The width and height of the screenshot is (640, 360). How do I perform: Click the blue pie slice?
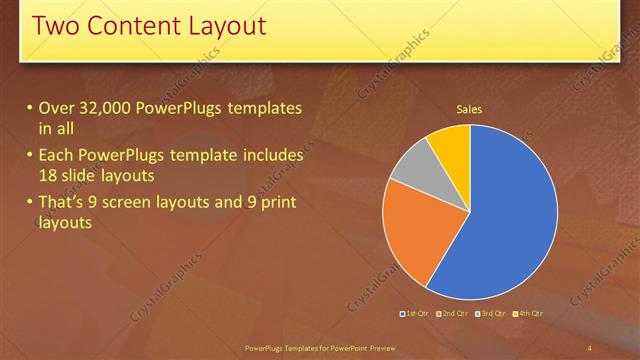point(510,215)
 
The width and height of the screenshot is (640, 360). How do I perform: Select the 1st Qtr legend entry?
point(415,314)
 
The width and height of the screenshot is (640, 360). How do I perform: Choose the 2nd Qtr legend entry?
point(455,314)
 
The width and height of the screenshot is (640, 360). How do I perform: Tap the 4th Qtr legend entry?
point(530,314)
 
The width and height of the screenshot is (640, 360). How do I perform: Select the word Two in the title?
point(55,26)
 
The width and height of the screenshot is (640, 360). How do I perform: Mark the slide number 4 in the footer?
point(590,347)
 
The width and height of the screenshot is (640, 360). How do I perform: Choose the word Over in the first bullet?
point(56,108)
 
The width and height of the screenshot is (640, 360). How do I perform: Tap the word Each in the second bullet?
point(55,156)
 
